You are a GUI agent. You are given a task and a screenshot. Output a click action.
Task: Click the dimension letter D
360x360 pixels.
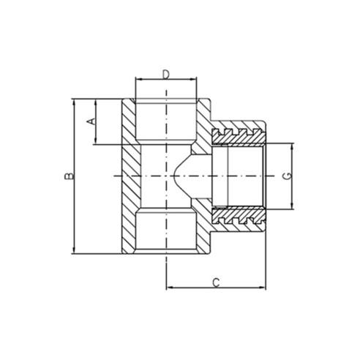[166, 74]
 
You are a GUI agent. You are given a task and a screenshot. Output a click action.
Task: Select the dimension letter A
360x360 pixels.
[92, 121]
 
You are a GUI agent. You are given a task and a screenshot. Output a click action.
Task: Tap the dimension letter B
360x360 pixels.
[68, 176]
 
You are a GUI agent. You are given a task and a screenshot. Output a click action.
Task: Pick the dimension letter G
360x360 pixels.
[287, 176]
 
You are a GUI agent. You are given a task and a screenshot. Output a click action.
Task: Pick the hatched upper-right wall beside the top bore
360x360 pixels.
[202, 121]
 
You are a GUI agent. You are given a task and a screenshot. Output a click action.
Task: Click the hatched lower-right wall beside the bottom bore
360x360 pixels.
[202, 233]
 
